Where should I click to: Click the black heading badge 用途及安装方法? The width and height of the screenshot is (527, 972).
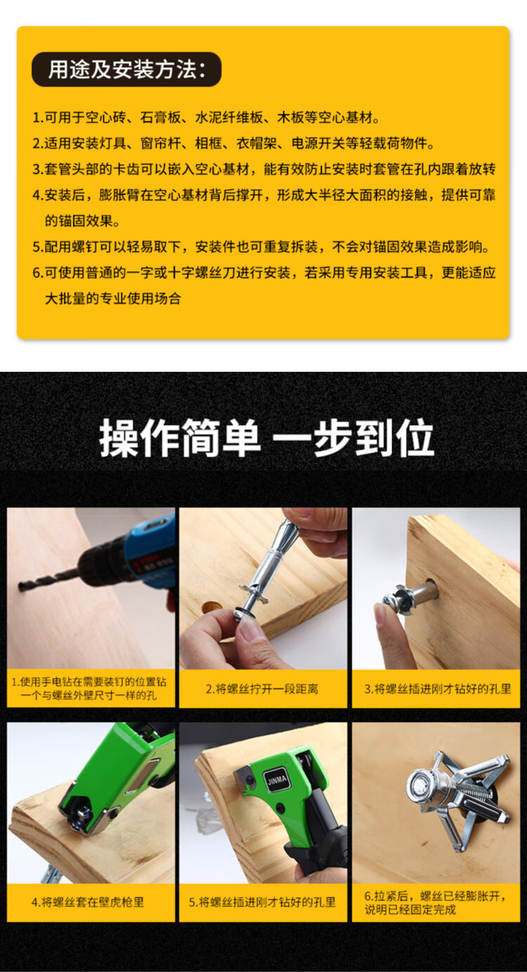tap(126, 70)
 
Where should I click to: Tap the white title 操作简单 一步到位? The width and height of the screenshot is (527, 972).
tap(266, 438)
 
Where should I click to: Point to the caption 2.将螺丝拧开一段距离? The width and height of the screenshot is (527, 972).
tap(262, 689)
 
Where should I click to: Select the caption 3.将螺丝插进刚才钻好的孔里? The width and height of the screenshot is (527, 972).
tap(437, 689)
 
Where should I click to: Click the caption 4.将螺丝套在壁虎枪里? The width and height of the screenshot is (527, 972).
tap(88, 902)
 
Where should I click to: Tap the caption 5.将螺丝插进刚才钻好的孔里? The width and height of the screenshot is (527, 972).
tap(262, 902)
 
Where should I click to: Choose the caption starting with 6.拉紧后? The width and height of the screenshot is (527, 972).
tap(435, 902)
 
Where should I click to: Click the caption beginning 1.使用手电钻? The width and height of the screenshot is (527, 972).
tap(89, 689)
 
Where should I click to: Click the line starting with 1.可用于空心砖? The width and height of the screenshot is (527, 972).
tap(207, 117)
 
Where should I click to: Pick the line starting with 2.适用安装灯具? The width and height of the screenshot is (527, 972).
tap(234, 143)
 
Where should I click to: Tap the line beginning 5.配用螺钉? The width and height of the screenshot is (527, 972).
tap(261, 247)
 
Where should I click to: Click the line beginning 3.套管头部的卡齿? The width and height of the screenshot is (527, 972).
tap(264, 169)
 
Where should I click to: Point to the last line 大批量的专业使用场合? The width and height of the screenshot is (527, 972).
tap(112, 299)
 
